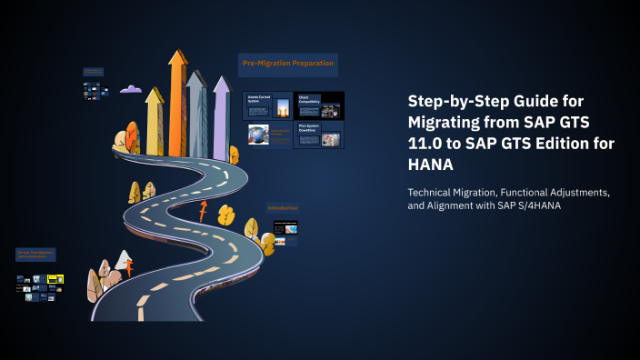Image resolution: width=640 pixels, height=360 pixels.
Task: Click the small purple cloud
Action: tap(132, 89)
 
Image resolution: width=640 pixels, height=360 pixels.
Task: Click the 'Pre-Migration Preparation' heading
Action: tap(288, 64)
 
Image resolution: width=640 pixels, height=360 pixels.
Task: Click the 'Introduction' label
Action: tap(282, 208)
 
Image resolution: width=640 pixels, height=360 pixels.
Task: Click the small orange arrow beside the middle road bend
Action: tap(203, 213)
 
